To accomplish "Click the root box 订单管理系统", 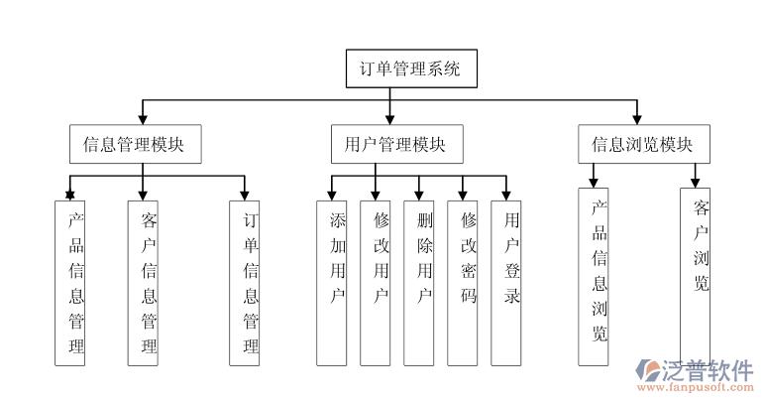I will [x=409, y=69].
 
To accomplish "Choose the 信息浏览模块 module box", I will [x=641, y=145].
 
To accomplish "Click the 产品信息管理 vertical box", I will [x=69, y=283].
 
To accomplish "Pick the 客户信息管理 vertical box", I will [x=144, y=283].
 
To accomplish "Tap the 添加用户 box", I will [x=332, y=283].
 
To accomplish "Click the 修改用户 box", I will [x=376, y=283].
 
